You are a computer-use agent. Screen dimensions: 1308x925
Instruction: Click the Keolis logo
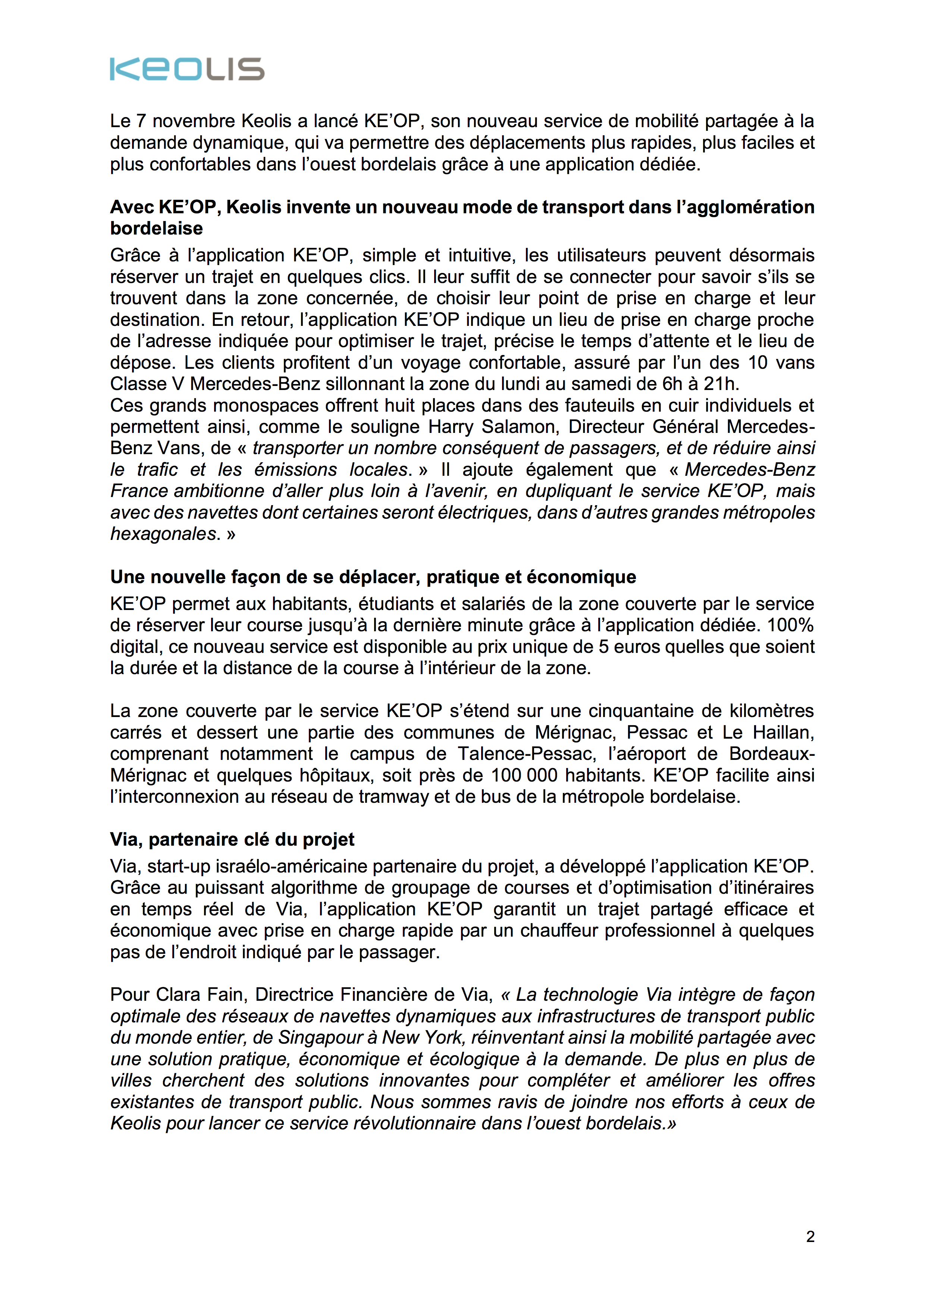click(x=187, y=69)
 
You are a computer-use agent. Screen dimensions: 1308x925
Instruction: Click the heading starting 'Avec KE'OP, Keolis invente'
click(x=462, y=217)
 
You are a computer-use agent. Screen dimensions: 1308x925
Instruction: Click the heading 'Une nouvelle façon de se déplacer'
click(x=373, y=577)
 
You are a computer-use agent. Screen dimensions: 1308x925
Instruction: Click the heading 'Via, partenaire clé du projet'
click(x=232, y=839)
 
